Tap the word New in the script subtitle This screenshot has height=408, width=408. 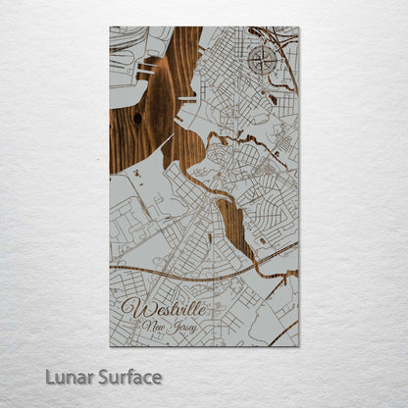(154, 326)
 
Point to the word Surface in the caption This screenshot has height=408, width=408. (127, 377)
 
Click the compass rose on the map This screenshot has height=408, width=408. (262, 60)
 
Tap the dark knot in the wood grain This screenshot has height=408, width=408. (136, 119)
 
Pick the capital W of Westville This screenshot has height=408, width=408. (132, 309)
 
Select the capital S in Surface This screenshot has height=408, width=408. (101, 377)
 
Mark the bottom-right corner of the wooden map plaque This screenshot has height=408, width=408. (298, 346)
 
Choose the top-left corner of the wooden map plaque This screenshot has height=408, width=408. (110, 27)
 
